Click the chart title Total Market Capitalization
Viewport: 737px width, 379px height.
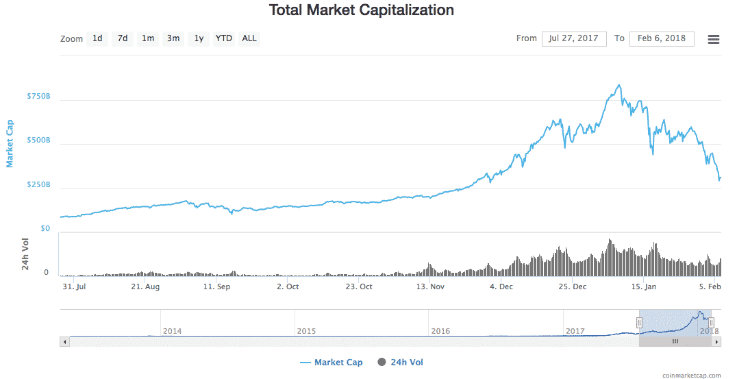coord(361,10)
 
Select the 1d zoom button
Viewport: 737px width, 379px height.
coord(97,38)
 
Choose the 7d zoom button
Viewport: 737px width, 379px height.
coord(123,38)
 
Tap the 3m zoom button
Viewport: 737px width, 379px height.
coord(173,38)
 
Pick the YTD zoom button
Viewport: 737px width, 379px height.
coord(223,38)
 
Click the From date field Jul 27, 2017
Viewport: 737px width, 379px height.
coord(574,38)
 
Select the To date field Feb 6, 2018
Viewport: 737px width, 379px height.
coord(661,38)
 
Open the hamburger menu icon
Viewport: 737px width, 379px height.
coord(713,39)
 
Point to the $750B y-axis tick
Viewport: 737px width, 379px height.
coord(38,97)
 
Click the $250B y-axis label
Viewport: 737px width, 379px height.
coord(38,185)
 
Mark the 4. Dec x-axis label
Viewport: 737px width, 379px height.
coord(501,287)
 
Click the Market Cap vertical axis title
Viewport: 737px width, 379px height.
coord(10,143)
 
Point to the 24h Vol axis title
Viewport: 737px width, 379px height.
coord(25,254)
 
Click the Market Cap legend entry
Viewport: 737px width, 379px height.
coord(332,363)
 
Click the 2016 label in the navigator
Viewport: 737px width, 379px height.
coord(440,331)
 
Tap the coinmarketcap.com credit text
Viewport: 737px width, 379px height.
coord(692,375)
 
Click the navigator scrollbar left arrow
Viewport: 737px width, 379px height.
coord(65,341)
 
